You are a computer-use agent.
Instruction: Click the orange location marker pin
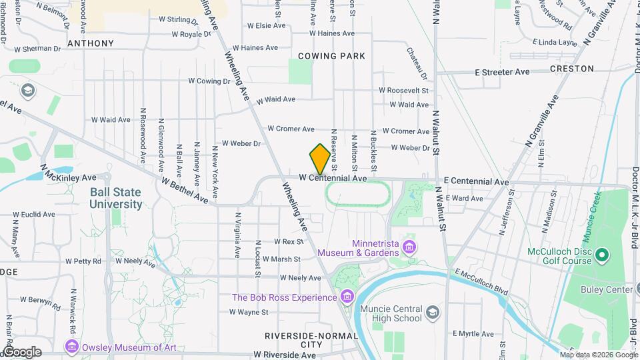[x=320, y=159]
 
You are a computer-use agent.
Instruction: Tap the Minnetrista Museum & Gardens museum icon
[x=409, y=248]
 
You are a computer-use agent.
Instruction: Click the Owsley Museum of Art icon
[x=72, y=347]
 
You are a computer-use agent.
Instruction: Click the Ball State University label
[x=116, y=198]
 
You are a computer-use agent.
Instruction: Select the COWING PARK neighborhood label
[x=331, y=56]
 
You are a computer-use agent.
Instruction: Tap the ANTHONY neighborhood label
[x=90, y=43]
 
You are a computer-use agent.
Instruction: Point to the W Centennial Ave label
[x=333, y=179]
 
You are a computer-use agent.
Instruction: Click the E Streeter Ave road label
[x=502, y=72]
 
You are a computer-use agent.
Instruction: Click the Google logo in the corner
[x=22, y=352]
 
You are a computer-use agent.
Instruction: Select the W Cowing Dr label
[x=209, y=81]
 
